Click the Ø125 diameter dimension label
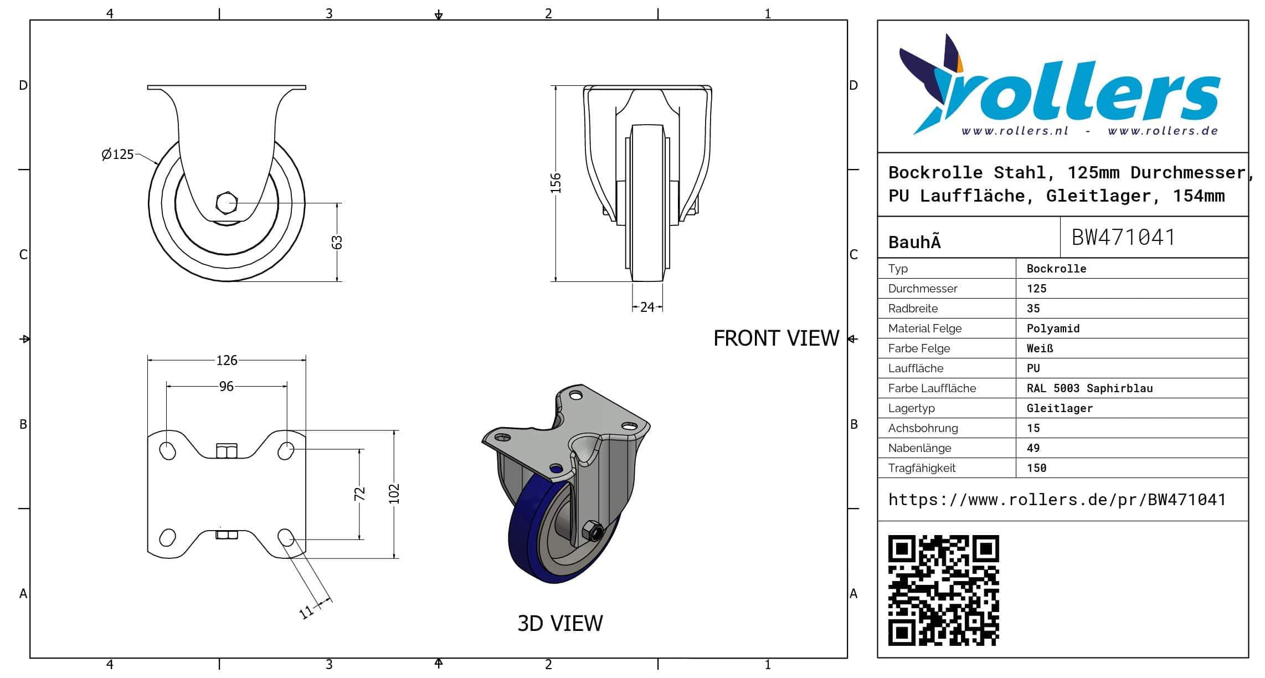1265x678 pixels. tap(117, 154)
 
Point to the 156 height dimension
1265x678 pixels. tap(556, 183)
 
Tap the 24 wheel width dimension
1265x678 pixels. tap(647, 307)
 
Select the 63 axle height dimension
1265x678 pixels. tap(337, 243)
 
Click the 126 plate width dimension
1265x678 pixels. tap(227, 360)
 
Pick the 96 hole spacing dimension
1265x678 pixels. tap(227, 386)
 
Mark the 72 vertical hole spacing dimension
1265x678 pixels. tap(359, 494)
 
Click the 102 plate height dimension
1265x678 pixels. tap(394, 494)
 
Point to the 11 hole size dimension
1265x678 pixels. tap(306, 612)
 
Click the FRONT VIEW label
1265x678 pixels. tap(776, 338)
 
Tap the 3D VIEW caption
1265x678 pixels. tap(560, 623)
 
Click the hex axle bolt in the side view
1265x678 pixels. tap(227, 203)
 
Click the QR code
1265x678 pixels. tap(943, 590)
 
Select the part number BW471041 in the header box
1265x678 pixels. tap(1123, 237)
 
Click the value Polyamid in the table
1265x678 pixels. tap(1053, 328)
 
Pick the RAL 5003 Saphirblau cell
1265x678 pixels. tap(1089, 388)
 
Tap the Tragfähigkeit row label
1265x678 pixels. tap(922, 468)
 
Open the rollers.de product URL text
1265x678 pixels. tap(1057, 500)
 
